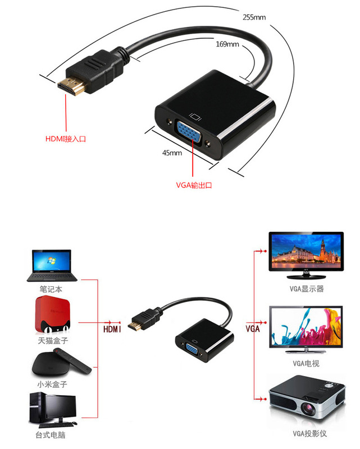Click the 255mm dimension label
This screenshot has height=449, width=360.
(254, 17)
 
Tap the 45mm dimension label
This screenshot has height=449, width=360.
(172, 153)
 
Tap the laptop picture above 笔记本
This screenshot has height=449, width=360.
(51, 265)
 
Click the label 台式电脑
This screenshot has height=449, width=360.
(54, 435)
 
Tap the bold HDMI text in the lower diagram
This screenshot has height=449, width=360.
(112, 329)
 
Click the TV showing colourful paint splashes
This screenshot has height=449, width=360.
(306, 329)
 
